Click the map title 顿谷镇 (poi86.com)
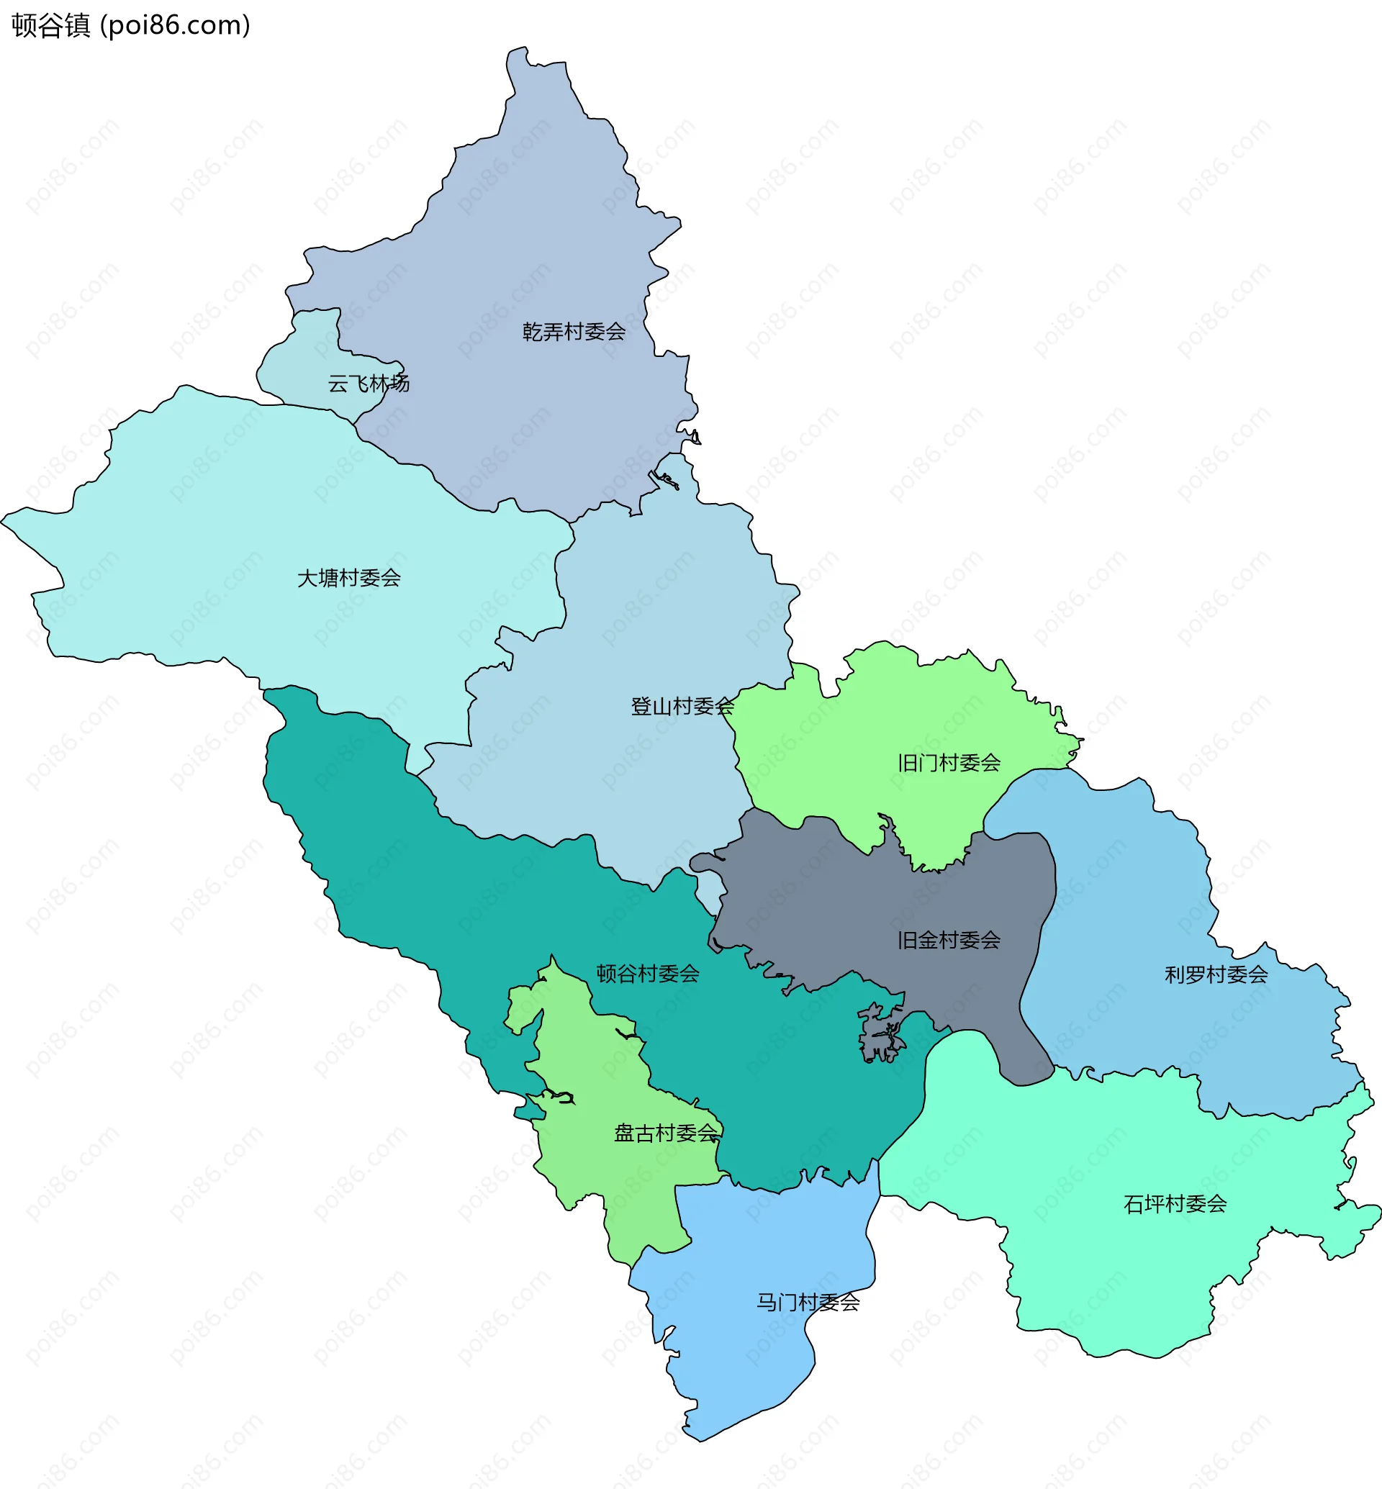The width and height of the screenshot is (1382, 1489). coord(131,25)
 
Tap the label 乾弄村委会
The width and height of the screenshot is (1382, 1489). coord(574,331)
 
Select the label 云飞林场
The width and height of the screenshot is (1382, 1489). coord(369,384)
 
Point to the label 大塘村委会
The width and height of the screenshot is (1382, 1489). coord(349,578)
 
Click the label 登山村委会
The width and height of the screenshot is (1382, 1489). coord(682,706)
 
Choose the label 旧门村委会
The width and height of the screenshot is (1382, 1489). coord(949,763)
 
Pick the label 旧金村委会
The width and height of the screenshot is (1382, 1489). coord(949,940)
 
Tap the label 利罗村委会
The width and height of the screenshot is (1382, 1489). coord(1216,974)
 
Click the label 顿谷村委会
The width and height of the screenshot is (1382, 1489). coord(648,974)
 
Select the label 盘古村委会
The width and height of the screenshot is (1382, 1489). coord(666,1133)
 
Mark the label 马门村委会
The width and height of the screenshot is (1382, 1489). coord(808,1303)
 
